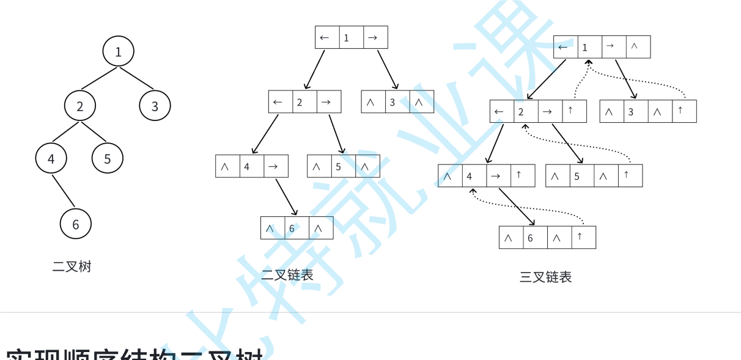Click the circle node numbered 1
pyautogui.click(x=118, y=51)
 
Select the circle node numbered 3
pyautogui.click(x=155, y=106)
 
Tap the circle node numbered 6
pyautogui.click(x=76, y=224)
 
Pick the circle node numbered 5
pyautogui.click(x=108, y=158)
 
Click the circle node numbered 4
pyautogui.click(x=51, y=158)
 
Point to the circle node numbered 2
pyautogui.click(x=80, y=106)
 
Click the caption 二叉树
pyautogui.click(x=72, y=266)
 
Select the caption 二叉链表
pyautogui.click(x=287, y=275)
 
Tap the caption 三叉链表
pyautogui.click(x=545, y=277)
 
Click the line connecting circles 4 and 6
pyautogui.click(x=64, y=191)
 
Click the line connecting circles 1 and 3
pyautogui.click(x=137, y=79)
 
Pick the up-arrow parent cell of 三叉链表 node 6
pyautogui.click(x=584, y=237)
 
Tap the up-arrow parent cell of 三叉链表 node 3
pyautogui.click(x=684, y=111)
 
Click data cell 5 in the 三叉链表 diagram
pyautogui.click(x=581, y=176)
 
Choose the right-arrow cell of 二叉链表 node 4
pyautogui.click(x=276, y=166)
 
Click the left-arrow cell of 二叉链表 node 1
pyautogui.click(x=327, y=37)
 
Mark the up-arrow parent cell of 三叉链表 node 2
pyautogui.click(x=574, y=111)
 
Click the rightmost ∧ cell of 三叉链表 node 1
pyautogui.click(x=638, y=46)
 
